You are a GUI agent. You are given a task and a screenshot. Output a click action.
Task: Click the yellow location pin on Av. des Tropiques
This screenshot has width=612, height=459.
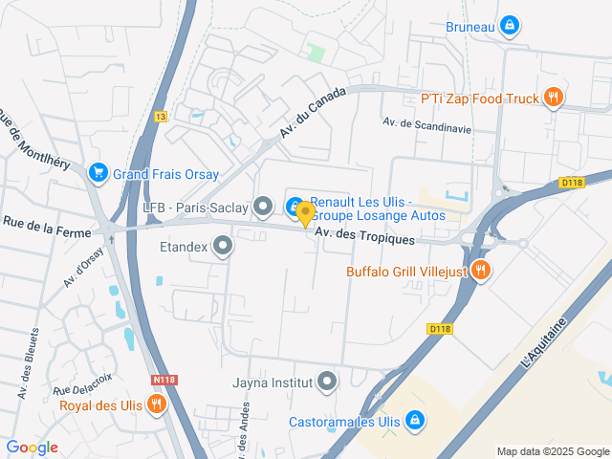(x=305, y=214)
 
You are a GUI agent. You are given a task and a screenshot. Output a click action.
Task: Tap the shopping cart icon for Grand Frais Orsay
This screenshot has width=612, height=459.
(x=97, y=173)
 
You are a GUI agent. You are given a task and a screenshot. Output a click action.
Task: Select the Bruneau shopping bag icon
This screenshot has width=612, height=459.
(x=510, y=25)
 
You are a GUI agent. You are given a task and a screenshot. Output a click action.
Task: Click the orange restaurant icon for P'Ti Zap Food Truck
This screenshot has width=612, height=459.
(x=553, y=97)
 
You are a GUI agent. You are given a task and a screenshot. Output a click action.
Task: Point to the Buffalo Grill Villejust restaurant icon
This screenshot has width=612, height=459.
(x=481, y=271)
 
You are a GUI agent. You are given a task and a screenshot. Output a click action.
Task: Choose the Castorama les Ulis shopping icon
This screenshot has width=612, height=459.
(x=414, y=420)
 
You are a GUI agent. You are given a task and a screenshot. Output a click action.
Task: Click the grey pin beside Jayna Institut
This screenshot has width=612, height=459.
(x=327, y=382)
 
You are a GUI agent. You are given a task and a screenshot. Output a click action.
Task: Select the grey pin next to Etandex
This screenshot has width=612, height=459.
(x=224, y=248)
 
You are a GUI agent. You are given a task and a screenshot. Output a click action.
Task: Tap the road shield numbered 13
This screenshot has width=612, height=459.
(x=161, y=116)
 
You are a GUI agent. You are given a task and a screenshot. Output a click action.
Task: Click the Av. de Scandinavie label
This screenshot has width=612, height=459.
(x=426, y=122)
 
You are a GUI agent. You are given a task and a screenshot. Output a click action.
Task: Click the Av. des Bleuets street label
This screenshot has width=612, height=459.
(x=27, y=362)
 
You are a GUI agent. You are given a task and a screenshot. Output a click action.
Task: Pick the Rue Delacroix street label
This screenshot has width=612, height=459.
(x=83, y=383)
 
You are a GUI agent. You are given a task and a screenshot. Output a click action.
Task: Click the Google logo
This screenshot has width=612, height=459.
(x=32, y=448)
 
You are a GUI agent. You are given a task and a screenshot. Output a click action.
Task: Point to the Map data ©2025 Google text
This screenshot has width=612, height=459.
(x=552, y=451)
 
